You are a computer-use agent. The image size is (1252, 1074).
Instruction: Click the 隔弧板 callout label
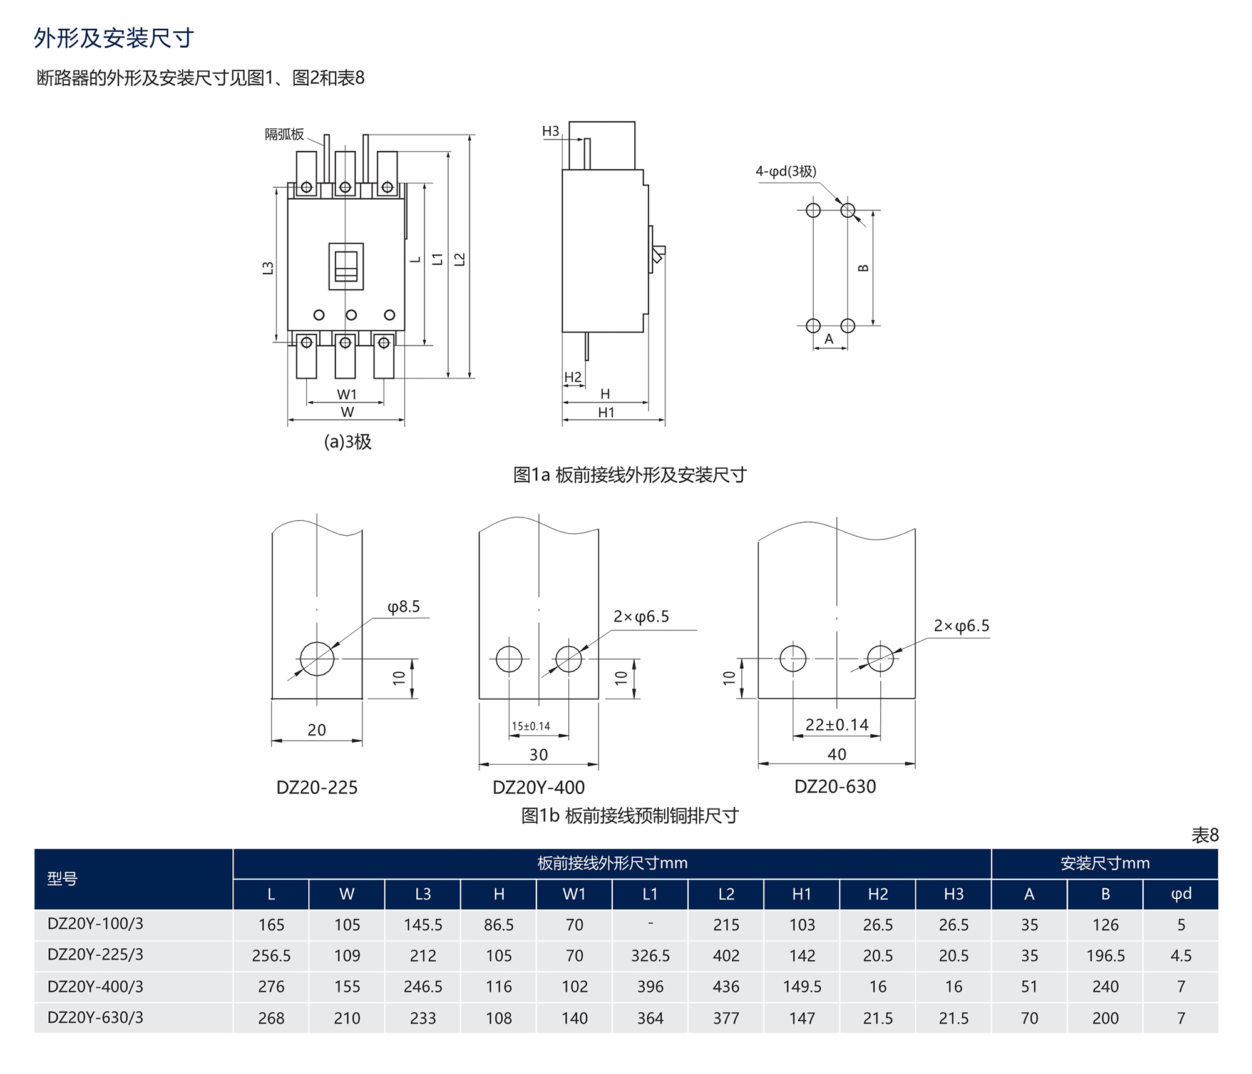tap(284, 135)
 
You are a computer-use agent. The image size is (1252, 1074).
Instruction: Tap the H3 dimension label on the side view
tap(550, 131)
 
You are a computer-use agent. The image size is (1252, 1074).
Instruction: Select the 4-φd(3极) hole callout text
tap(786, 171)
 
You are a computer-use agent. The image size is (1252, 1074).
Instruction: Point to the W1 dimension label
tap(347, 394)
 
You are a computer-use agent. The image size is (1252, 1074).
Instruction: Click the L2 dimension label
tap(460, 259)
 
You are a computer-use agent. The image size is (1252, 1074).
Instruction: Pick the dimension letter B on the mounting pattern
tap(863, 268)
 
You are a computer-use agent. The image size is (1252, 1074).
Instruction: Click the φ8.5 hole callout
tap(403, 606)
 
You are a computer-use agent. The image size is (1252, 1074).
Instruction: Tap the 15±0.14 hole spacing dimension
tap(531, 726)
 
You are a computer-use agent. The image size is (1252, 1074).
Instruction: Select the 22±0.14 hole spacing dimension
tap(837, 725)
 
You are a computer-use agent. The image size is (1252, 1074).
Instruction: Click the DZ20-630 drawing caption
tap(835, 787)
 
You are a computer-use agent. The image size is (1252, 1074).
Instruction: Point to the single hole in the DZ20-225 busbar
tap(317, 659)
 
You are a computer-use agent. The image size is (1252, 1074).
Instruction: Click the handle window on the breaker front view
tap(346, 266)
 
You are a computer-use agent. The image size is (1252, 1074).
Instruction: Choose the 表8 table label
tap(1204, 835)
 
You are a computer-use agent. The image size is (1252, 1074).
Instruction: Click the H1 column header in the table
tap(802, 894)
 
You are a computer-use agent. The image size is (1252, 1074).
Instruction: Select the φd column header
tap(1181, 894)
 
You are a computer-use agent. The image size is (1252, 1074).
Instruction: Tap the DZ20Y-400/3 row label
tap(95, 987)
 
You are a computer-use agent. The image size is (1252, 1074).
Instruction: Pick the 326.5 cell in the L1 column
tap(650, 956)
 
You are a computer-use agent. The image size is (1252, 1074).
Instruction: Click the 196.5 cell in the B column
tap(1105, 956)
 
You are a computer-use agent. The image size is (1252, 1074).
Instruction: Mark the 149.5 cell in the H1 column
tap(802, 987)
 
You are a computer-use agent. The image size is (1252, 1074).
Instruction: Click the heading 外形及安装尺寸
tap(114, 38)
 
